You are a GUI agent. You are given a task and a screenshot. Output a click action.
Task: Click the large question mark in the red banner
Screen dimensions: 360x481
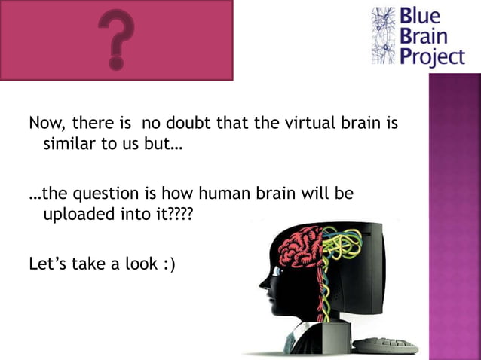[x=115, y=38]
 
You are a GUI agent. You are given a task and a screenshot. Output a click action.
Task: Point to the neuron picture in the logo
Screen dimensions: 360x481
[x=384, y=35]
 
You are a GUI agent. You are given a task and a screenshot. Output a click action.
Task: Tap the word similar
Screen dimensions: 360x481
[x=69, y=144]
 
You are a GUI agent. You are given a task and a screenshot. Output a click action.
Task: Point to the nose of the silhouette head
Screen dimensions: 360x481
[x=263, y=285]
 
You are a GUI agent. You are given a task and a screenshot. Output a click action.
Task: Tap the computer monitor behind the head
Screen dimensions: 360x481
[x=377, y=271]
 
